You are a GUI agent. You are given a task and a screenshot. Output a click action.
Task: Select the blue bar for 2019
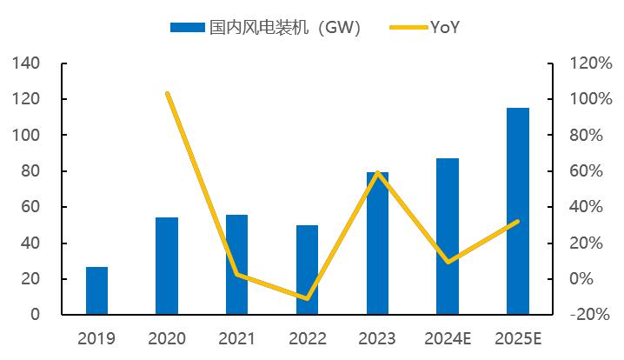coord(97,290)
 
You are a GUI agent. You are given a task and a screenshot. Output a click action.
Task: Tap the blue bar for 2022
coord(307,270)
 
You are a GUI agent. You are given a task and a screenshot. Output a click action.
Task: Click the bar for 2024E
coord(448,236)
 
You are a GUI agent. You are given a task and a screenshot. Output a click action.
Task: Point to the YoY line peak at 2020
coord(167,93)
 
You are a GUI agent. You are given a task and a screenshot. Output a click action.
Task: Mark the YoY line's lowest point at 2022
coord(307,298)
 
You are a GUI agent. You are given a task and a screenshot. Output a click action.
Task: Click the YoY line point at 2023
coord(377,173)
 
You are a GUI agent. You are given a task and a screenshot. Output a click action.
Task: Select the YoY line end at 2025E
coord(518,221)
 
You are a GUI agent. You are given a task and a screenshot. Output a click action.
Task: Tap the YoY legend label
coord(445,28)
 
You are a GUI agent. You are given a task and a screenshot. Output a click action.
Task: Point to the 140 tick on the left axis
coord(27,63)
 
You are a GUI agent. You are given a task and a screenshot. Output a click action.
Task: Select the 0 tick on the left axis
coord(36,315)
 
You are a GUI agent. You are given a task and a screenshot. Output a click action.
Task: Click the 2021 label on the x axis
coord(236,338)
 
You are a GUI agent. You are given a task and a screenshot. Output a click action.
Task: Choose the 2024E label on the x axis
coord(448,338)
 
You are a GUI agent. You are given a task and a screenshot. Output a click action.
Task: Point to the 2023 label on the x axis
coord(377,338)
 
